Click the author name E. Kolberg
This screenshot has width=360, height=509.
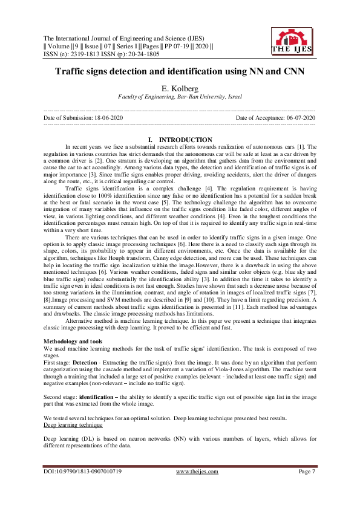[x=180, y=88]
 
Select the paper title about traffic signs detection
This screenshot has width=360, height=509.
[x=180, y=71]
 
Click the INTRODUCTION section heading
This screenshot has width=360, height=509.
[x=180, y=140]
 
